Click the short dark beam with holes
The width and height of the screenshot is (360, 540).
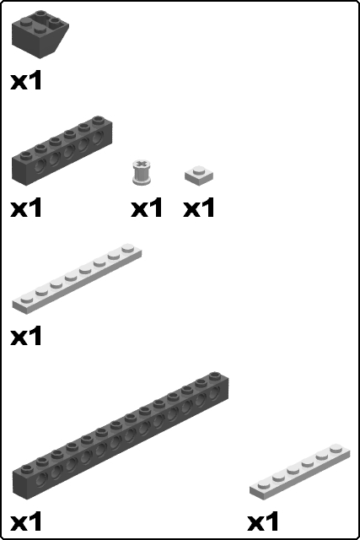62,151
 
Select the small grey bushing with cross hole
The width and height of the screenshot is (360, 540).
141,173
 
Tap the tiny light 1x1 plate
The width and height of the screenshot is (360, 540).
199,175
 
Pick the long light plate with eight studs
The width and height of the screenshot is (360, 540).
76,278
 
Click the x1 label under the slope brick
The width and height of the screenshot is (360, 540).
26,81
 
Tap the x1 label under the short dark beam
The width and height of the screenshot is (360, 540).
26,208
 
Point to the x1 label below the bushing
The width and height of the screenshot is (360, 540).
147,208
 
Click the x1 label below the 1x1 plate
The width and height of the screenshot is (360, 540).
199,208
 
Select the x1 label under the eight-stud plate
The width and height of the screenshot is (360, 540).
26,337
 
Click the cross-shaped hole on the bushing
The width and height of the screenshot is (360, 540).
141,165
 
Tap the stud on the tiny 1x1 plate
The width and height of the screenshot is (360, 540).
199,170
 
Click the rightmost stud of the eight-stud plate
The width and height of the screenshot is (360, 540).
127,249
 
